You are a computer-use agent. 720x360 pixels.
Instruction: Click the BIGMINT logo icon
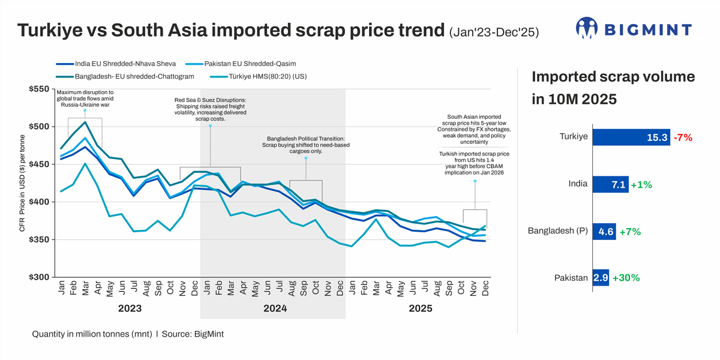[587, 28]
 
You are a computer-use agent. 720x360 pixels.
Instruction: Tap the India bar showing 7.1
[609, 184]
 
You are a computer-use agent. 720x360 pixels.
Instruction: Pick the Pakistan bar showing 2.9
[601, 278]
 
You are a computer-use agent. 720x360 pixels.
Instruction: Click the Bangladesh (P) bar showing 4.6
[604, 231]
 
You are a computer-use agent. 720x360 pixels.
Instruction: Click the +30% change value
[626, 278]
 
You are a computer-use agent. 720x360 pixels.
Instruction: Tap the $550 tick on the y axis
[38, 89]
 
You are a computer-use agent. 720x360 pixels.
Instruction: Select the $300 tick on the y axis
[38, 277]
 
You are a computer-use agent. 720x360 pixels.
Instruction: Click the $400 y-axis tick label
[38, 202]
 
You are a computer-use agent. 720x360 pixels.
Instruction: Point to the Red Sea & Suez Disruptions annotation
[211, 109]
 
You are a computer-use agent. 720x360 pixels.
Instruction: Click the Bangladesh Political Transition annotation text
[305, 148]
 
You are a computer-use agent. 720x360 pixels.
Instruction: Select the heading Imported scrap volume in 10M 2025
[613, 88]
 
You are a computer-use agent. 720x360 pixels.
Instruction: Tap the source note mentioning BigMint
[128, 334]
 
